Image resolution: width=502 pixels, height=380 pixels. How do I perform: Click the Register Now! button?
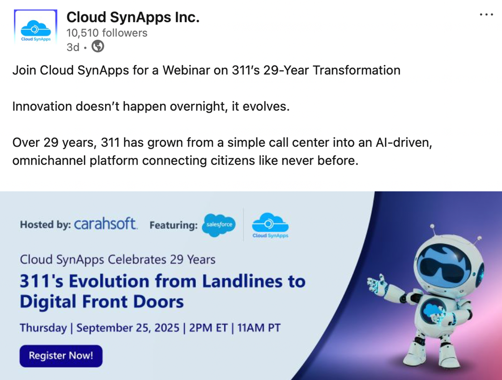tap(61, 356)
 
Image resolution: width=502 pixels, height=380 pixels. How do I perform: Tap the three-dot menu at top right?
tap(486, 14)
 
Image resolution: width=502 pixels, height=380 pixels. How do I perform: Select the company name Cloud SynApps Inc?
tap(133, 17)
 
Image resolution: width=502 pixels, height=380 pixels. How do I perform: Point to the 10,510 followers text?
tap(107, 33)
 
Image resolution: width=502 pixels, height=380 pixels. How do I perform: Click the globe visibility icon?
tap(98, 47)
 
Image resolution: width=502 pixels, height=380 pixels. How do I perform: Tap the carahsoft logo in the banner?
tap(106, 224)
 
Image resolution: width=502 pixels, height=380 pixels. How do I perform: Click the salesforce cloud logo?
tap(219, 225)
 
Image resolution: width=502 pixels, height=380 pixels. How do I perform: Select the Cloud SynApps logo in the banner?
tap(270, 226)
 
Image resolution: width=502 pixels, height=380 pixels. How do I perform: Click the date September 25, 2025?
tap(128, 328)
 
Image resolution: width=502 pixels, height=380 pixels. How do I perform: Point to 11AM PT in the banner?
tap(259, 328)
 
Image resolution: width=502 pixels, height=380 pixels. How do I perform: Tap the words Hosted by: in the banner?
tap(46, 225)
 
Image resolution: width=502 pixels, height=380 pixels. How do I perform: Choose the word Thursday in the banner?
tap(43, 328)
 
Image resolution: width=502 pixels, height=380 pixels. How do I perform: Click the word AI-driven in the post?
tap(404, 142)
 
